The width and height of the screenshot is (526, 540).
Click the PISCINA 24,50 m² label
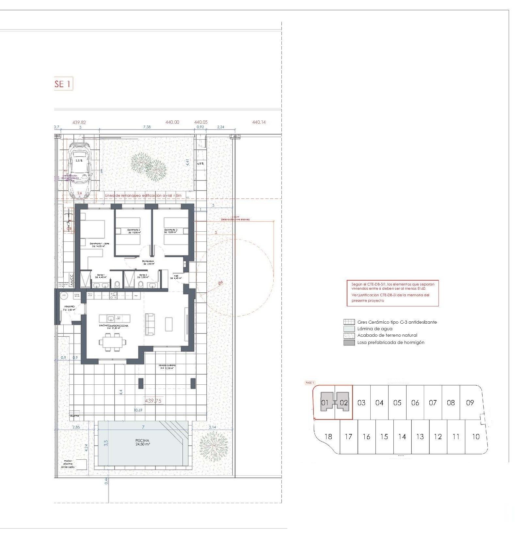point(142,442)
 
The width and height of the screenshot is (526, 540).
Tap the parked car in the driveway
point(79,170)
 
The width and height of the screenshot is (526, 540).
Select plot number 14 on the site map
point(402,437)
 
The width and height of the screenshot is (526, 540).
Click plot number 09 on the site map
point(470,403)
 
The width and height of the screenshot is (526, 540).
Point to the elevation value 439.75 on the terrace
point(153,401)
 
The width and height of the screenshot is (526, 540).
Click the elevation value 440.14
point(259,122)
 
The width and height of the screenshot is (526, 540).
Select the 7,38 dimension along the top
point(147,127)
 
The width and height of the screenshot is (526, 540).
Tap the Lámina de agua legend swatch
point(349,329)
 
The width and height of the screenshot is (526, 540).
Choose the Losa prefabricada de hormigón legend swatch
point(349,343)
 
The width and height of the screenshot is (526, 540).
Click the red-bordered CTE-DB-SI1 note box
point(392,293)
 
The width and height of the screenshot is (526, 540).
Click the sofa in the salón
point(150,323)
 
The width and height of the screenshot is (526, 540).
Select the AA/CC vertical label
point(72,280)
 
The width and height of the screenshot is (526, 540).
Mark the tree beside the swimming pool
point(213,446)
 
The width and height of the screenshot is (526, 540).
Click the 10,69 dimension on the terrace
point(138,410)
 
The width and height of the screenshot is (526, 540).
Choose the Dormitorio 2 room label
point(134,231)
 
